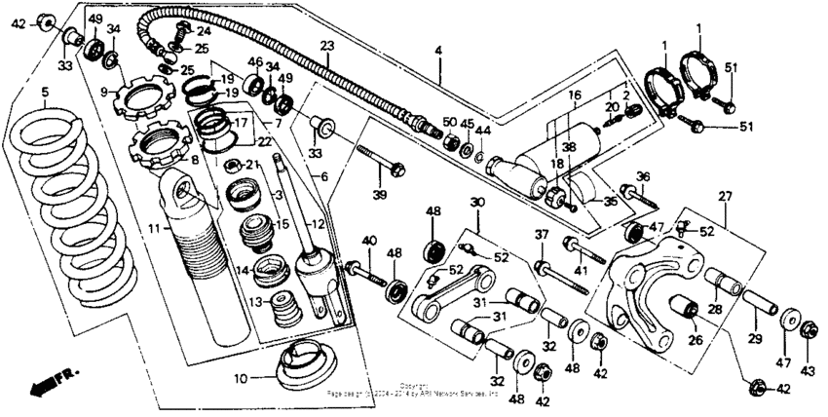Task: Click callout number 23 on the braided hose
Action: [x=326, y=47]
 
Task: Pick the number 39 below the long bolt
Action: [x=380, y=196]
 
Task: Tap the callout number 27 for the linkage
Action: [x=724, y=196]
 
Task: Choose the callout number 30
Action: [x=476, y=202]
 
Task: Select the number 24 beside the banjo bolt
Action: [x=204, y=31]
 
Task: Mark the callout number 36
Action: [x=642, y=176]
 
